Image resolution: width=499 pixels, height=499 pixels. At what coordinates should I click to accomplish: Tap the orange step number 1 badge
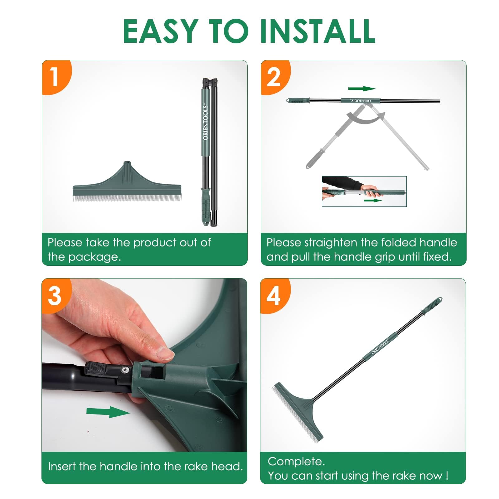click(x=56, y=77)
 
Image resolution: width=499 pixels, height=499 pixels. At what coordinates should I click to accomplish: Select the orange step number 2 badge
click(x=274, y=77)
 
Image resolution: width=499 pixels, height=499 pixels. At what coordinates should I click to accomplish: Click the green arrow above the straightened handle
click(x=362, y=89)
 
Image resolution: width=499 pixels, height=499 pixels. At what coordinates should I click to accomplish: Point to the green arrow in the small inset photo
click(x=373, y=200)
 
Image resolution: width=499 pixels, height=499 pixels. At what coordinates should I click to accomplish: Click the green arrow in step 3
click(x=108, y=412)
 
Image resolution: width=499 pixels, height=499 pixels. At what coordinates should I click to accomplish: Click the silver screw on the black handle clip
click(x=125, y=370)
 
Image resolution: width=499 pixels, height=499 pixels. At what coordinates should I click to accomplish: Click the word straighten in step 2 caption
click(x=331, y=243)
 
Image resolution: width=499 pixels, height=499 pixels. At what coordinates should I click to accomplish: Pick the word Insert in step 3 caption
click(x=61, y=466)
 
